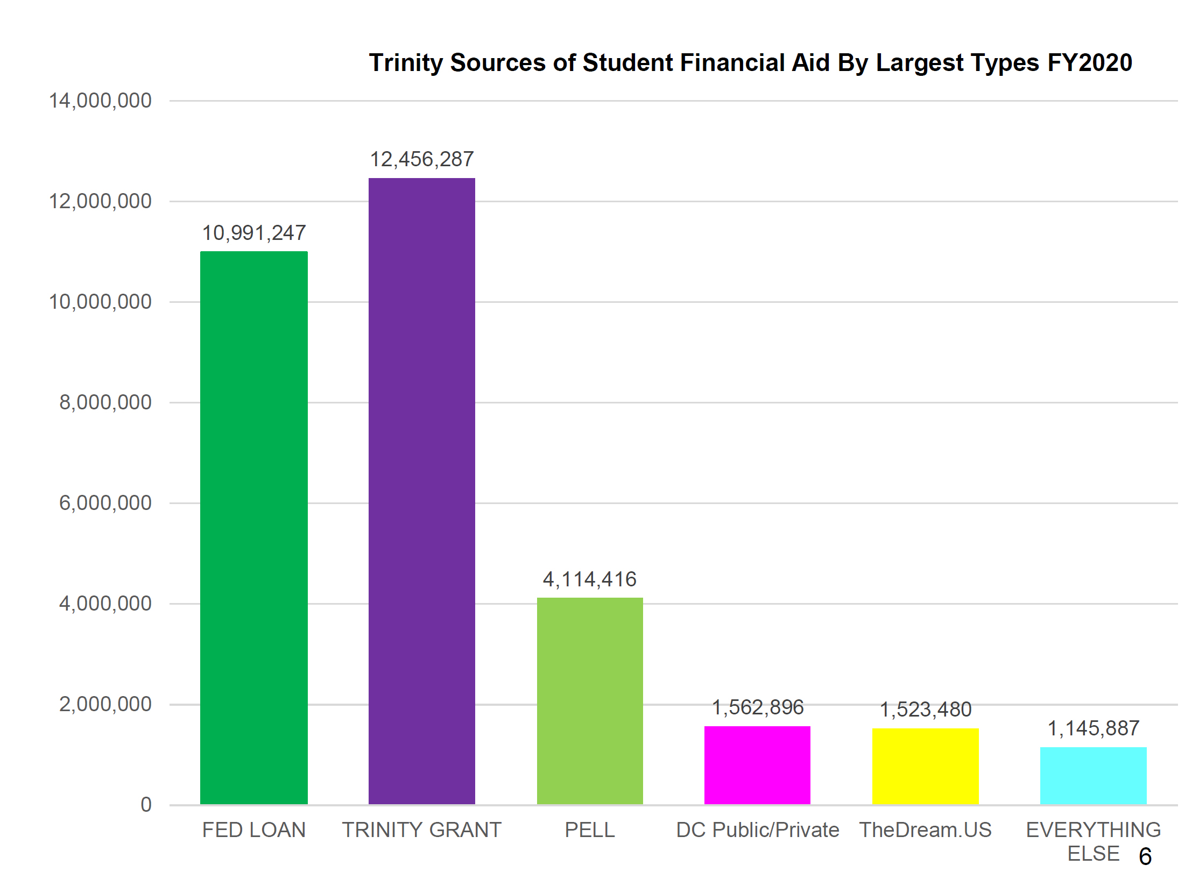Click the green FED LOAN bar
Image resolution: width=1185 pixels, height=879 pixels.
coord(253,527)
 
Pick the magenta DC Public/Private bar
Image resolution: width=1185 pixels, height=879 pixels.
coord(757,764)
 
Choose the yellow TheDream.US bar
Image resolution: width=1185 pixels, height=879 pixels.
coord(925,765)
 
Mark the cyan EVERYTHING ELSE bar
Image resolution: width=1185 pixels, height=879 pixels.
coord(1093,775)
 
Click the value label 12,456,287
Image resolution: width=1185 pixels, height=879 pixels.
coord(421,159)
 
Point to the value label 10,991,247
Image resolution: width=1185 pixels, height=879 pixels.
coord(253,233)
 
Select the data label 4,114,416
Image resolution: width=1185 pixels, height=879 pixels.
coord(590,579)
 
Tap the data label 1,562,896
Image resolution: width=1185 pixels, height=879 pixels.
coord(757,707)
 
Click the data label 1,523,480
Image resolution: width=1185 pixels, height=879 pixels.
coord(925,710)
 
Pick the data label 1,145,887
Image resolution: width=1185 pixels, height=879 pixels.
coord(1093,728)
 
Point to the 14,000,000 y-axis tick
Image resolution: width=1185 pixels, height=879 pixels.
coord(100,101)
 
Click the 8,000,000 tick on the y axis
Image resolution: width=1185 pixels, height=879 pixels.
coord(105,402)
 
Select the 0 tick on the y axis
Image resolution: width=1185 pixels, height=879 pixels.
coord(146,805)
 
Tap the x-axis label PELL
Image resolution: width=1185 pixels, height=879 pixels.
coord(590,830)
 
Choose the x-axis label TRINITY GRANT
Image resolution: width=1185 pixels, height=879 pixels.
coord(421,830)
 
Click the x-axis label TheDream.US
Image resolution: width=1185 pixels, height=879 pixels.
coord(925,830)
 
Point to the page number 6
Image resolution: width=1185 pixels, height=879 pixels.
coord(1145,856)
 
